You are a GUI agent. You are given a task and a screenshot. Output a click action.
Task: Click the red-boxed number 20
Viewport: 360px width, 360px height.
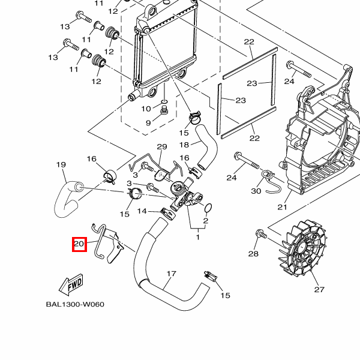pos(79,244)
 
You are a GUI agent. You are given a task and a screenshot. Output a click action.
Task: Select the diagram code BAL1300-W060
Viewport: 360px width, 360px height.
pos(75,304)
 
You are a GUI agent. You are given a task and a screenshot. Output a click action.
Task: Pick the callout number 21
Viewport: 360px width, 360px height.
pos(283,207)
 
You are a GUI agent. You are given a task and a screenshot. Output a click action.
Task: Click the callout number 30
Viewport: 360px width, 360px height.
pos(256,191)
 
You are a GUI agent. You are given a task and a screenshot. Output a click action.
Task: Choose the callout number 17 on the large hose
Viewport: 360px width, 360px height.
pos(171,274)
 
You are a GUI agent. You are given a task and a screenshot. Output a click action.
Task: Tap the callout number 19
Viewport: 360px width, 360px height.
pos(61,164)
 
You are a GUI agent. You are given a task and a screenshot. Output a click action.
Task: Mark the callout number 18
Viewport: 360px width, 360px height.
pos(185,145)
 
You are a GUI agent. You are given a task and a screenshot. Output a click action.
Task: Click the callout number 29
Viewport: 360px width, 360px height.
pos(161,147)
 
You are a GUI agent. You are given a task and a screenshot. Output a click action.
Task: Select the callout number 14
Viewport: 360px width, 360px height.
pos(142,211)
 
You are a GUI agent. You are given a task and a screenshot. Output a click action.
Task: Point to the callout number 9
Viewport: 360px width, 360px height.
pos(148,123)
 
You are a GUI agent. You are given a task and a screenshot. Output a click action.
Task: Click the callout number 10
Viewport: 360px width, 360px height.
pos(146,109)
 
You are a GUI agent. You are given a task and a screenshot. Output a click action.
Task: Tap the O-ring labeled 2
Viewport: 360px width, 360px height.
pos(208,208)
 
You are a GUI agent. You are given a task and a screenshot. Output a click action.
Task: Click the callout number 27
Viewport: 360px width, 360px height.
pos(319,290)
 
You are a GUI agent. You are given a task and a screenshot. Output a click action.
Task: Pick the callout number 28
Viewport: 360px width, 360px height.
pos(253,254)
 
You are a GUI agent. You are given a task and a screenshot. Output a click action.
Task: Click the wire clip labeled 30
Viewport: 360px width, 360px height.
pos(271,179)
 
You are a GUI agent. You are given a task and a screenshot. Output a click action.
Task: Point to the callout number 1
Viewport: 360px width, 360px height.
pos(197,236)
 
